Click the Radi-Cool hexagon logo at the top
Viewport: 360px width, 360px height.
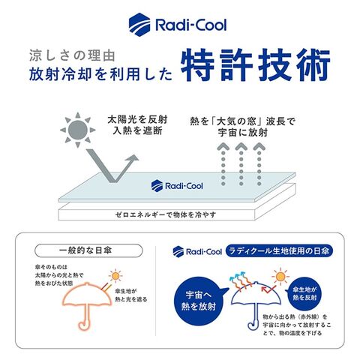139,25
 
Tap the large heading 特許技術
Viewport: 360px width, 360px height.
256,64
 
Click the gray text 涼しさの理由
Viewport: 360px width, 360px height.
72,55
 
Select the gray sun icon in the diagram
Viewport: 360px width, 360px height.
78,130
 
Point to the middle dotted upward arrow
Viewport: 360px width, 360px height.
241,164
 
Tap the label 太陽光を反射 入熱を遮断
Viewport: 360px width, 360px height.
137,125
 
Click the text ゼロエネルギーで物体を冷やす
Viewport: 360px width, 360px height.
166,214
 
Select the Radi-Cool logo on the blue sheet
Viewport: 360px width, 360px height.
177,186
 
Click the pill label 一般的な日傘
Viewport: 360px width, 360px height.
88,250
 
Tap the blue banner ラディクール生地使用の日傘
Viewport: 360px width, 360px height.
279,251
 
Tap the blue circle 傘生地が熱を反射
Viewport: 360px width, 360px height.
304,294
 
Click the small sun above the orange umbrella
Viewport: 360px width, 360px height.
115,276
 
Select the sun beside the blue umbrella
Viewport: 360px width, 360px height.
280,277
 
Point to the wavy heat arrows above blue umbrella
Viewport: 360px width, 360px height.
240,280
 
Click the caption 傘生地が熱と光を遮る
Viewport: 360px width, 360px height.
130,295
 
